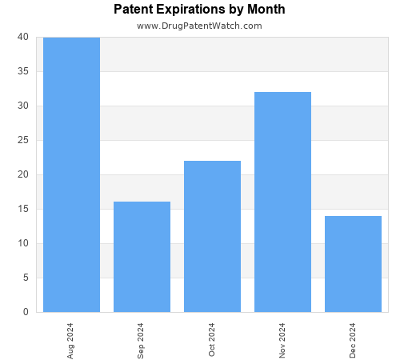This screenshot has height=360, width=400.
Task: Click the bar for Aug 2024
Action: tap(71, 174)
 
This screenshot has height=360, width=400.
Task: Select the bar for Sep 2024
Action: tap(142, 257)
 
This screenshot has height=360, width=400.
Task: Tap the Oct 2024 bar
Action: tap(212, 236)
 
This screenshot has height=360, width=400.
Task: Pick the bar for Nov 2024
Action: tap(282, 202)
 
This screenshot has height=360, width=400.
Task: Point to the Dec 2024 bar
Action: tap(353, 264)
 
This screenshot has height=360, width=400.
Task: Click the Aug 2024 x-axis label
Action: tap(71, 339)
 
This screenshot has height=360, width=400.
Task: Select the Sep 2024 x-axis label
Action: tap(142, 339)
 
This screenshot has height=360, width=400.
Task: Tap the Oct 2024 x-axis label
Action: tap(212, 339)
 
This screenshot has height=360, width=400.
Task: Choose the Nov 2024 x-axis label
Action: tap(282, 339)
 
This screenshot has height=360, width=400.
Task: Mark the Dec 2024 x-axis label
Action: tap(353, 339)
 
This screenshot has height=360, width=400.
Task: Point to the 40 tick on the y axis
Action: tap(22, 37)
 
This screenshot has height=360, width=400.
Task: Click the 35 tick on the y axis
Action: tap(22, 71)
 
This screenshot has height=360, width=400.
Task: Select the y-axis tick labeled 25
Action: tap(22, 140)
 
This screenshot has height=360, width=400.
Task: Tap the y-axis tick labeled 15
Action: tap(22, 209)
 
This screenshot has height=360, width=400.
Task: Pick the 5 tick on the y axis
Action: tap(26, 278)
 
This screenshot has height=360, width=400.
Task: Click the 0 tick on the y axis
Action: tap(26, 312)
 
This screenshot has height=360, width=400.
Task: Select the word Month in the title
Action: tap(266, 10)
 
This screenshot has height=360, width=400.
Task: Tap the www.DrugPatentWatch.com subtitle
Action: tap(199, 26)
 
